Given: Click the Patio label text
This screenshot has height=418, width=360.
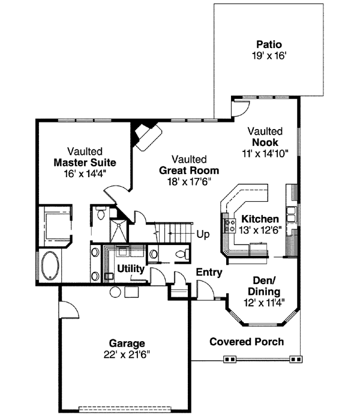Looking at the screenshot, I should [269, 44].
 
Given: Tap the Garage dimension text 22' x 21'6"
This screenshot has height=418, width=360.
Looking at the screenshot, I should [126, 354].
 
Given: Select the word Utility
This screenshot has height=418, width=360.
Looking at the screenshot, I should [130, 269].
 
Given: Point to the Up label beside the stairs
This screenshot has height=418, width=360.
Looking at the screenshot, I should [203, 234].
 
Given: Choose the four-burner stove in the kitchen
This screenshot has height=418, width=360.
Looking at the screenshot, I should [229, 225].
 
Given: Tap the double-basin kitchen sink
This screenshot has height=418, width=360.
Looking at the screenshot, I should [291, 215].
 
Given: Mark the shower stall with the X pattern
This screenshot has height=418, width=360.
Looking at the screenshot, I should [119, 231].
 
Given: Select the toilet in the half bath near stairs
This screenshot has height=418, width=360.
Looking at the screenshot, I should [179, 255].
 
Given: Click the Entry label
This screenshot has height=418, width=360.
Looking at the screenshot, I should [209, 273].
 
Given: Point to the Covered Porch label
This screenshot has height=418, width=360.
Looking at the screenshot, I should [247, 342].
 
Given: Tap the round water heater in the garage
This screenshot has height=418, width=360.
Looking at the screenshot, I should [115, 292].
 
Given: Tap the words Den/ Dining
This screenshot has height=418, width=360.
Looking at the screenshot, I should [263, 286].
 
